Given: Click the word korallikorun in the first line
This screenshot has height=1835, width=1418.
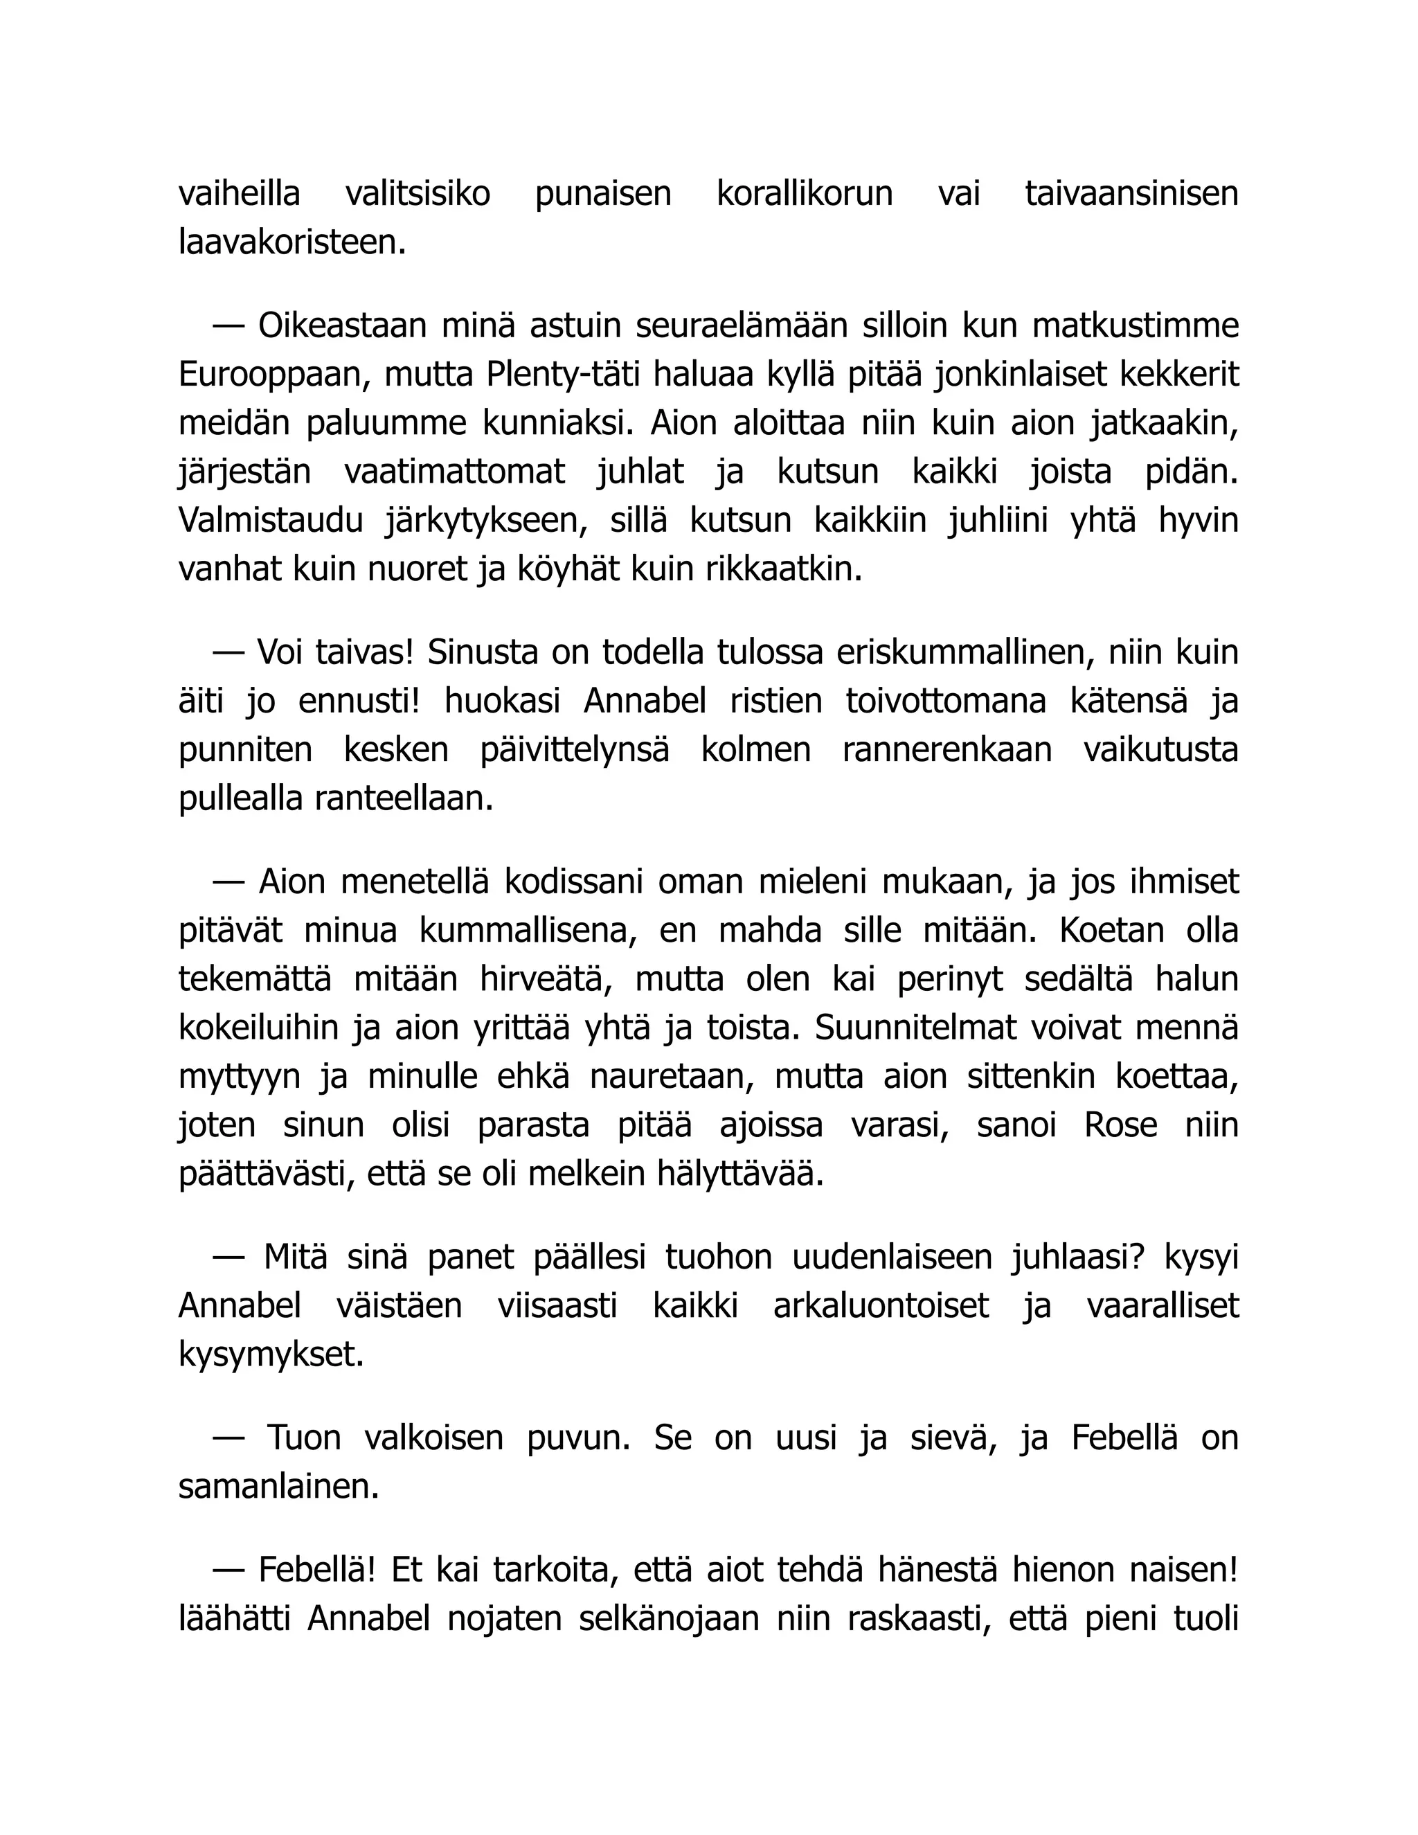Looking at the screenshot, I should tap(804, 194).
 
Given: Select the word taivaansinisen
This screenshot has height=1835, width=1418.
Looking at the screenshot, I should tap(1131, 194).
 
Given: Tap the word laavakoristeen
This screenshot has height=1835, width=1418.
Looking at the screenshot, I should tap(292, 243).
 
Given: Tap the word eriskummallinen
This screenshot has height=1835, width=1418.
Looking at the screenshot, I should tap(961, 653).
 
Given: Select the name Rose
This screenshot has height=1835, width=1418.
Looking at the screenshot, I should tap(1121, 1125).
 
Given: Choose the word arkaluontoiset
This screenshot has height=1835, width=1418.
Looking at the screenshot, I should tap(881, 1307).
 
